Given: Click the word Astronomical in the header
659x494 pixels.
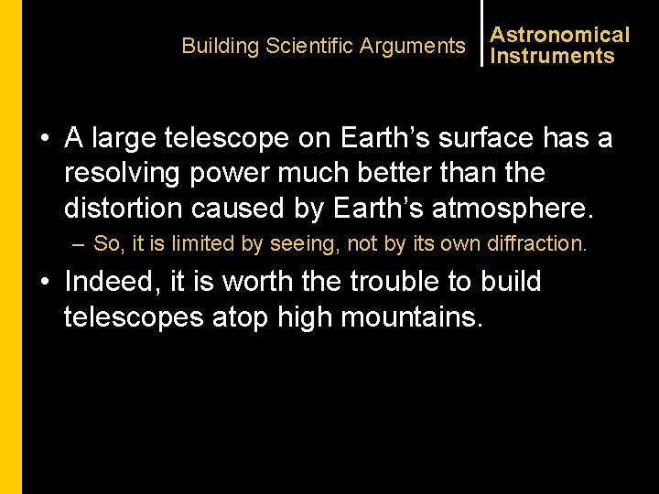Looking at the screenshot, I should [x=560, y=35].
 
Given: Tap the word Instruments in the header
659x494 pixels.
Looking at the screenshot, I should [x=552, y=56].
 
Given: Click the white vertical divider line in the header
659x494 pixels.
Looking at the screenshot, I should [x=481, y=33].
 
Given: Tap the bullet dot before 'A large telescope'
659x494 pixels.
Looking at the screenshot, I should [x=44, y=139].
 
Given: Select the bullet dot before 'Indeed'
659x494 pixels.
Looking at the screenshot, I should [x=44, y=283].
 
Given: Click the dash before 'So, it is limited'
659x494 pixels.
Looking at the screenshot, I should [x=81, y=244].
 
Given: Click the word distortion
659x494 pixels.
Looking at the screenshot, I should [x=123, y=208].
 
